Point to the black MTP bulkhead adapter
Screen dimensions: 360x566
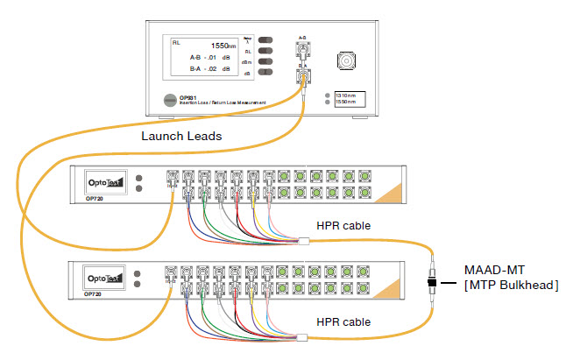(432, 283)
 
